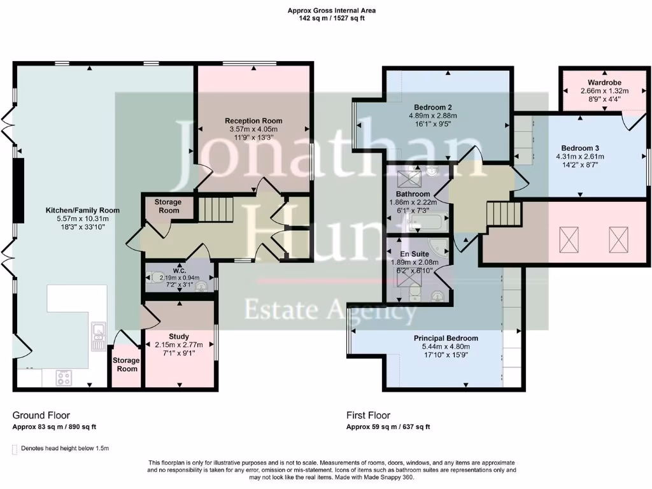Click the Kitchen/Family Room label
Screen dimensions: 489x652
tap(82, 210)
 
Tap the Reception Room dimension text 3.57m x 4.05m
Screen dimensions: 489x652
tap(253, 129)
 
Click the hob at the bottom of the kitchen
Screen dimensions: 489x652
tap(64, 378)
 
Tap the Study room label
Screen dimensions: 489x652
tap(179, 336)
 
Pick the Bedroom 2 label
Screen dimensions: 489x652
tap(433, 107)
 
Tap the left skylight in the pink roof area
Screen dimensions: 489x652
tap(568, 239)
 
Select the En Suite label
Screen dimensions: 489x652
tap(415, 253)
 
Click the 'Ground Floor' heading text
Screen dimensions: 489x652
tap(41, 415)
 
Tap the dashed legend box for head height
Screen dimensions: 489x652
tap(15, 449)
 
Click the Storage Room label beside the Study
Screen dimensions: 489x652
tap(125, 364)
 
